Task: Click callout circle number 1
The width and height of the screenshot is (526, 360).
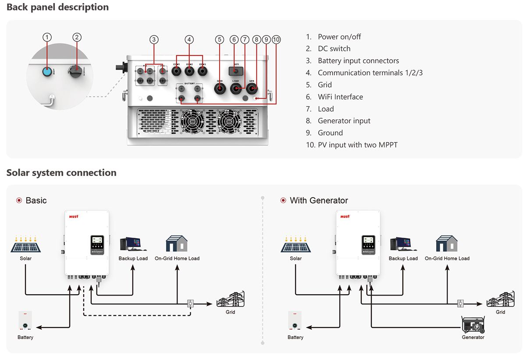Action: tap(47, 37)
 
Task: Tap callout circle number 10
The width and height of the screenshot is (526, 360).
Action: tap(276, 39)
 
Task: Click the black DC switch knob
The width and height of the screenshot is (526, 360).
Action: tap(76, 70)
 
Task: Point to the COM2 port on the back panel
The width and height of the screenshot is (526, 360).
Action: tap(189, 71)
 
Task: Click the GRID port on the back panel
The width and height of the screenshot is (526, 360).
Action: tap(220, 88)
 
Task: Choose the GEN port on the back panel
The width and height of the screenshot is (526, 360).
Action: tap(252, 89)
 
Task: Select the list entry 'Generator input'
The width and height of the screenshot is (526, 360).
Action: tap(344, 121)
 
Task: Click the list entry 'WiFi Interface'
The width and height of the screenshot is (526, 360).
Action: tap(340, 97)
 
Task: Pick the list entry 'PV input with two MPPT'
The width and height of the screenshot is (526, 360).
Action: tap(357, 145)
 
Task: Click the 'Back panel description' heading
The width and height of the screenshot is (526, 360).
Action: tap(57, 7)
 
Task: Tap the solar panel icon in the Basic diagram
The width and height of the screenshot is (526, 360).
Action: tap(26, 245)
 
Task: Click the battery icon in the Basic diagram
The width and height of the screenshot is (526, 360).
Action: tap(25, 322)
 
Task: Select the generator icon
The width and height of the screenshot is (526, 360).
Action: tap(473, 325)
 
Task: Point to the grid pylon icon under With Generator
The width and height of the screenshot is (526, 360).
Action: tap(500, 299)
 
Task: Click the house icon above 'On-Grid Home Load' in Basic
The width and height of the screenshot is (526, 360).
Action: tap(177, 244)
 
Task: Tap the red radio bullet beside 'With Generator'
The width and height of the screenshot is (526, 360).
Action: tap(283, 200)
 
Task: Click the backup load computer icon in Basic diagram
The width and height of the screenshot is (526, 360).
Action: tap(130, 245)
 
